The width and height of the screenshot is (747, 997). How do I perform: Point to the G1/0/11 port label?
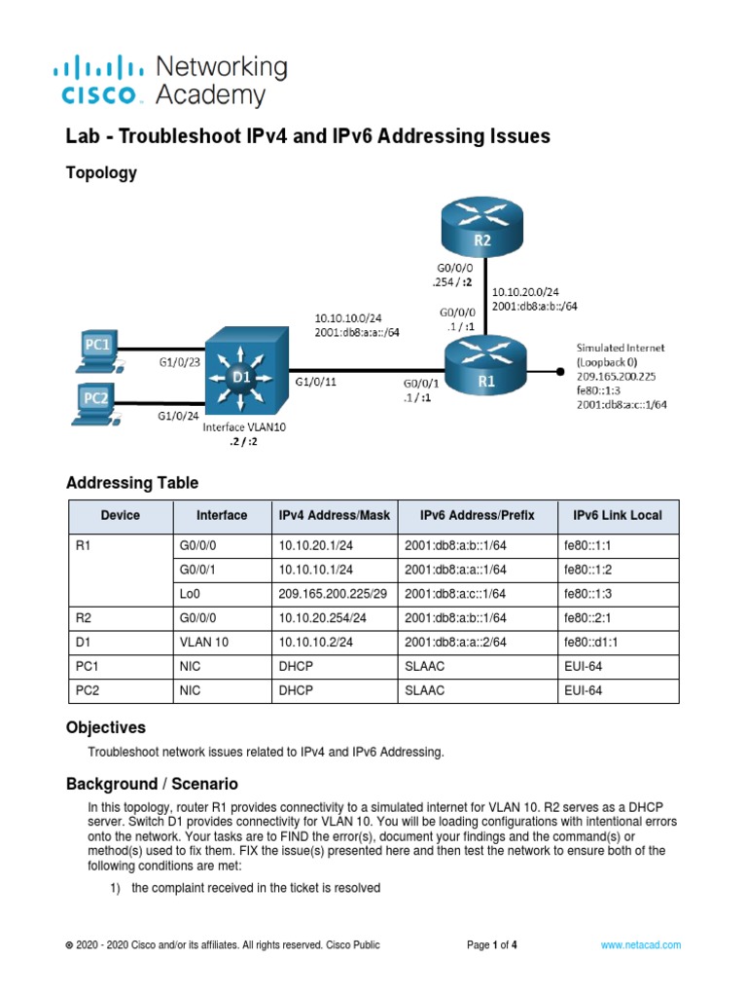[x=315, y=383]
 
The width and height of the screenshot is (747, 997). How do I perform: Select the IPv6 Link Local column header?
[x=618, y=515]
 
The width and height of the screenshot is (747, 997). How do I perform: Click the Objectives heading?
[x=105, y=727]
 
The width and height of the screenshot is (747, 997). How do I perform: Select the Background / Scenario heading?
[x=151, y=784]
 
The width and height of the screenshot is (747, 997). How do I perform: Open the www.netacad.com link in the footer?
[x=640, y=944]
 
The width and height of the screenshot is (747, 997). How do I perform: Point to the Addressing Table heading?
[x=131, y=483]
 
